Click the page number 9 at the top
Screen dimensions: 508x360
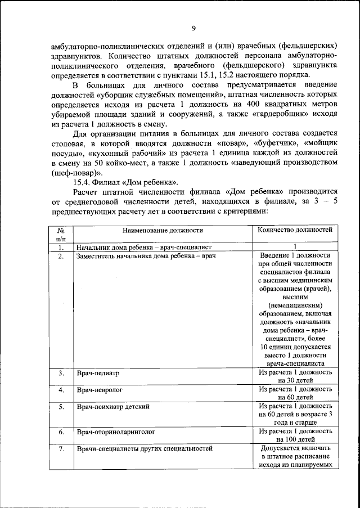(193, 29)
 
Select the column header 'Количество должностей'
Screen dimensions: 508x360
(295, 230)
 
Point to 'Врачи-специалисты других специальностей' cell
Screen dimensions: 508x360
(144, 448)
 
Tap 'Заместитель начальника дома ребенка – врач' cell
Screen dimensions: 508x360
(146, 255)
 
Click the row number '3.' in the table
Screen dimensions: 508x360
(61, 373)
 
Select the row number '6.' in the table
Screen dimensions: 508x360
(61, 432)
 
